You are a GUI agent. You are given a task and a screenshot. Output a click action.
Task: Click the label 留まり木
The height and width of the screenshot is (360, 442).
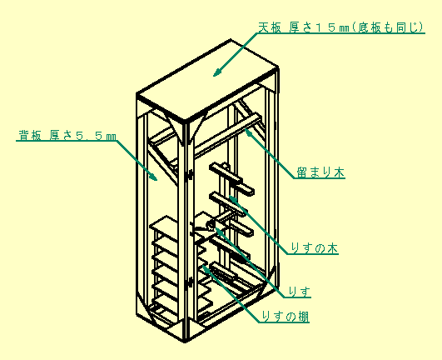click(x=320, y=172)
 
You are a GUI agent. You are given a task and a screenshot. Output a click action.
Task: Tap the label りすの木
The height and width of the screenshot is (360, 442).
click(x=314, y=248)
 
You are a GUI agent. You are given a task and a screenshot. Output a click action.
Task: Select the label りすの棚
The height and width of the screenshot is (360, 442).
click(x=286, y=317)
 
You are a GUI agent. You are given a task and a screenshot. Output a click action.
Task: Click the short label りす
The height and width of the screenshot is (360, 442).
click(x=300, y=292)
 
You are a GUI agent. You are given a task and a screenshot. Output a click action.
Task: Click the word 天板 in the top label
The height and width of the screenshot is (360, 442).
click(x=270, y=27)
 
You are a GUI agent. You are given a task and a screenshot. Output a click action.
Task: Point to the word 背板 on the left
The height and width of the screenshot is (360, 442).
click(x=30, y=136)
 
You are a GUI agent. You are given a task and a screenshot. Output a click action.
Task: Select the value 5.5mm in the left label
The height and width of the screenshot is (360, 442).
click(x=96, y=136)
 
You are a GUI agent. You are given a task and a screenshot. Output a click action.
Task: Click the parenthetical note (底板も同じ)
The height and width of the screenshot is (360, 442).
click(x=387, y=27)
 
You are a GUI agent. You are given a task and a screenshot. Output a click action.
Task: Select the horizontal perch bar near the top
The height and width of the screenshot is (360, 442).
click(x=228, y=135)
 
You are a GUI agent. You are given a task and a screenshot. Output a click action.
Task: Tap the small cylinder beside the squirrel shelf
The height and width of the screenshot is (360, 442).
click(x=211, y=226)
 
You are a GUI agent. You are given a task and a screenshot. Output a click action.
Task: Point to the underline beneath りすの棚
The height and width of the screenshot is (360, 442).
click(x=284, y=322)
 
